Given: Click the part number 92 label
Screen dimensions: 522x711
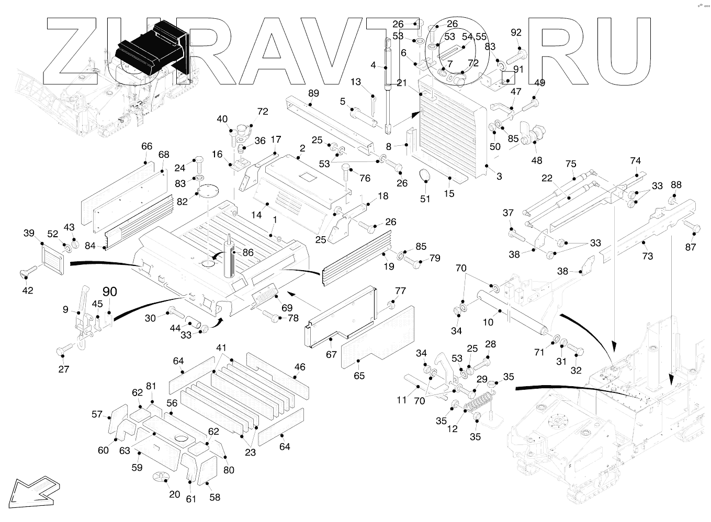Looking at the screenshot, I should (x=516, y=33).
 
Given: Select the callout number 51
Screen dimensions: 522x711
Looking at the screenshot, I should (x=425, y=199).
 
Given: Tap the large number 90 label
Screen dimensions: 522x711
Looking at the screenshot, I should (x=109, y=292).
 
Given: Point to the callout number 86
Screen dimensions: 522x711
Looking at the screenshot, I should (x=248, y=252).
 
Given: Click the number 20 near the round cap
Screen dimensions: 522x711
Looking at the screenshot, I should (x=174, y=494).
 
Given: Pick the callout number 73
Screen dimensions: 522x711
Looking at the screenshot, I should (x=648, y=256).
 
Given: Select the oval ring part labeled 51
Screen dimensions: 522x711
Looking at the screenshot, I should (x=425, y=175).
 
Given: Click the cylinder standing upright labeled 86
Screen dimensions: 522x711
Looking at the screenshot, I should (x=229, y=260).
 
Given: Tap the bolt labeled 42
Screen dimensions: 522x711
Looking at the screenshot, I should (x=29, y=271).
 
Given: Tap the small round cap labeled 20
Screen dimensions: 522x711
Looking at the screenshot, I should (x=161, y=477).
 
